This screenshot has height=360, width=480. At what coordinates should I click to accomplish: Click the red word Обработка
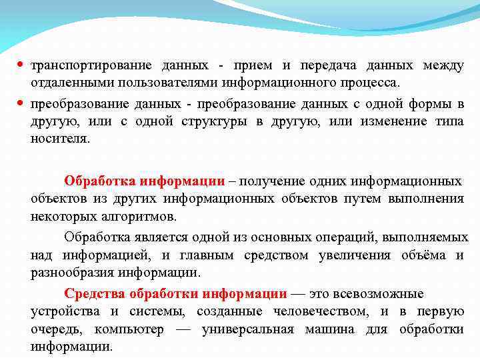click(x=99, y=181)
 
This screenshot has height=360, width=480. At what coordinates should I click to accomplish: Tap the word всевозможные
click(x=378, y=294)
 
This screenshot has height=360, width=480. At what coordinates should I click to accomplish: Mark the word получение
click(x=268, y=181)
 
